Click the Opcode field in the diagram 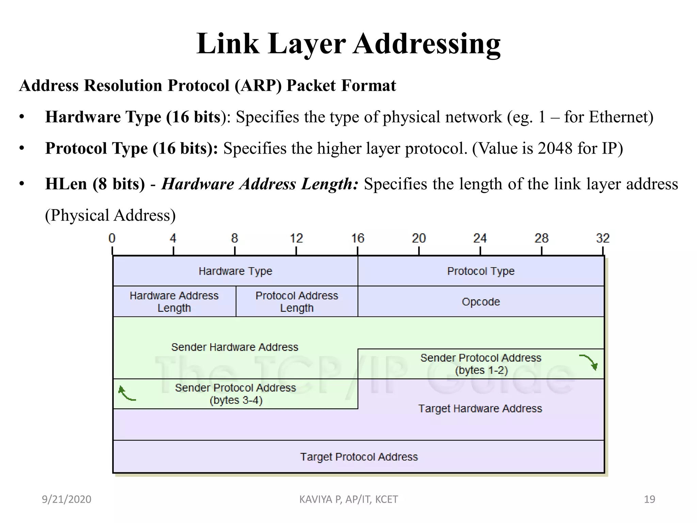pos(481,302)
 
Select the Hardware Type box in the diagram pos(235,271)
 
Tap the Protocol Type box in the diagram pos(481,271)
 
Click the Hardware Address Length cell pos(174,302)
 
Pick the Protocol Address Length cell pos(297,302)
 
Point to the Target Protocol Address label pos(359,457)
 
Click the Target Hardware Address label pos(480,408)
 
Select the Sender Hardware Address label pos(234,347)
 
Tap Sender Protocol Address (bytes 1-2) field pos(481,364)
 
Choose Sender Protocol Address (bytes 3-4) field pos(236,394)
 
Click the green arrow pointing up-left pos(126,393)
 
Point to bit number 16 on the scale pos(358,238)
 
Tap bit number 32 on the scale pos(603,238)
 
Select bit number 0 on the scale pos(112,238)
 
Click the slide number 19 pos(649,499)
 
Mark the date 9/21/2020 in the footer pos(66,499)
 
